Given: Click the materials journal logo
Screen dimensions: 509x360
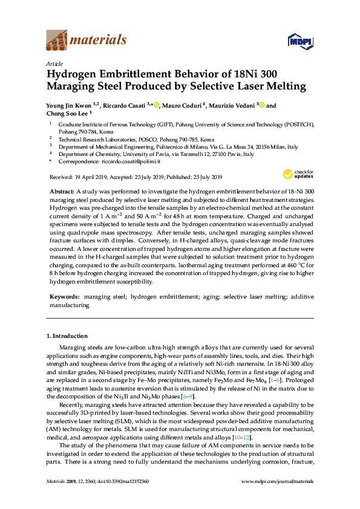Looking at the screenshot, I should tap(86, 41).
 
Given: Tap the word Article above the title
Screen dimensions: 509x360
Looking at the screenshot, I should tap(54, 63).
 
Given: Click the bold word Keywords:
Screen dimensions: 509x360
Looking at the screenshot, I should tap(64, 297).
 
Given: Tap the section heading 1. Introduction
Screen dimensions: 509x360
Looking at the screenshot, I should tap(67, 336).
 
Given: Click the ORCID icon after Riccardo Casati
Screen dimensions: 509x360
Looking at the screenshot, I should tap(156, 105).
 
